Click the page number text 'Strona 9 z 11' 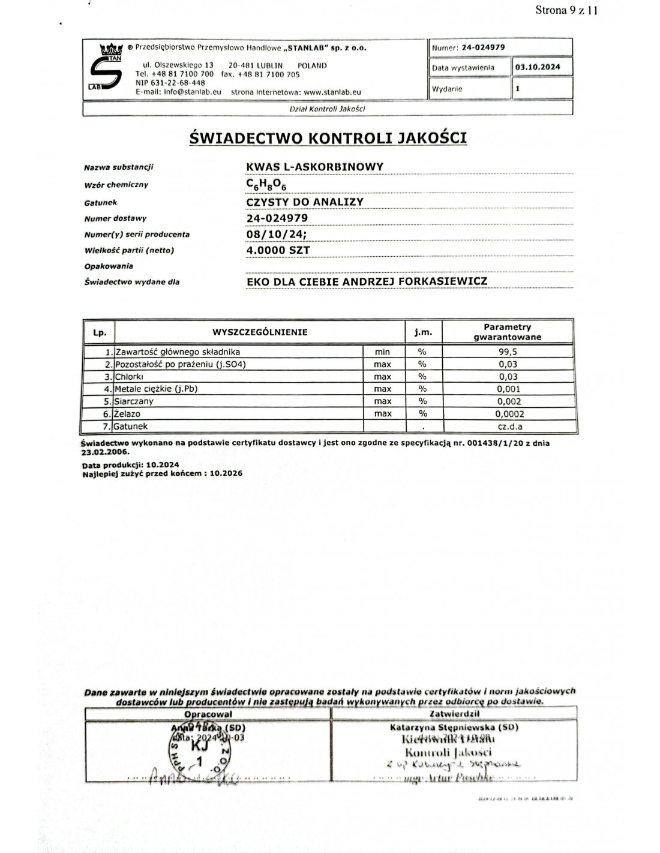pyautogui.click(x=566, y=10)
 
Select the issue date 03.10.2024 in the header pyautogui.click(x=538, y=67)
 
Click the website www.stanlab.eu pyautogui.click(x=332, y=92)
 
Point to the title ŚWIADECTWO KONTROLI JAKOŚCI pyautogui.click(x=328, y=138)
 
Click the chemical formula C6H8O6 pyautogui.click(x=266, y=185)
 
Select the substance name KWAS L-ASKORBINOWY pyautogui.click(x=314, y=167)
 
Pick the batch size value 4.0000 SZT pyautogui.click(x=278, y=250)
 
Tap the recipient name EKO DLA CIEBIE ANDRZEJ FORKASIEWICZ pyautogui.click(x=367, y=281)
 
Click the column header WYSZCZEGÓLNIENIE pyautogui.click(x=260, y=332)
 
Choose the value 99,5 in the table pyautogui.click(x=507, y=352)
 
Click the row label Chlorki pyautogui.click(x=127, y=377)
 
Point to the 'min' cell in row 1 pyautogui.click(x=382, y=352)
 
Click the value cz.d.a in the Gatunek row pyautogui.click(x=510, y=426)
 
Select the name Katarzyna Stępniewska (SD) pyautogui.click(x=454, y=728)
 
